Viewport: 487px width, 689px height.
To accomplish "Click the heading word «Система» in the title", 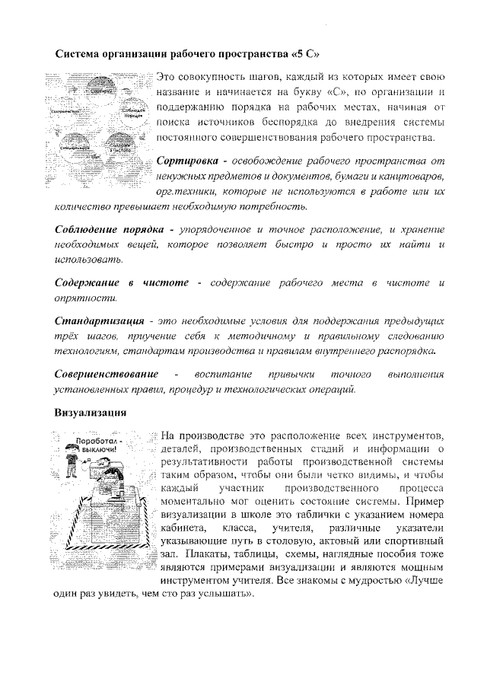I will click(81, 55).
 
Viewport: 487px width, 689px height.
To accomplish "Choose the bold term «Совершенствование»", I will click(107, 374).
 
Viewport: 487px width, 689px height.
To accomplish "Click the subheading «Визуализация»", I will click(90, 412).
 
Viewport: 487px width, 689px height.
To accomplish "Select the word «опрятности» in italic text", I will click(85, 298).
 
